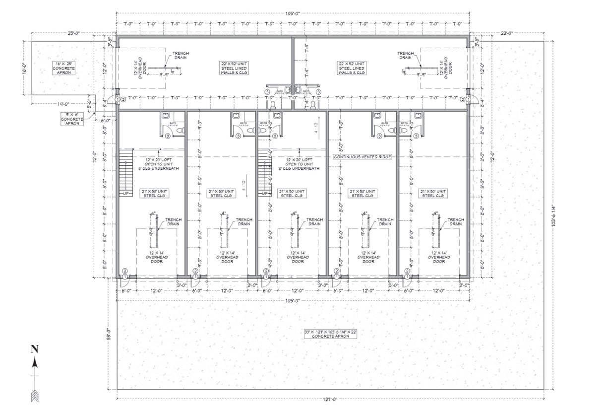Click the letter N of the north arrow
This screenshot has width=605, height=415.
click(34, 349)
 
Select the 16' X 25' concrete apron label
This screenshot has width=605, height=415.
click(64, 69)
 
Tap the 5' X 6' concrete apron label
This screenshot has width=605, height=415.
click(71, 119)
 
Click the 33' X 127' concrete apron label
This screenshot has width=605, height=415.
click(331, 334)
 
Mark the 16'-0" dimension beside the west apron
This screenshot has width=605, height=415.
click(23, 68)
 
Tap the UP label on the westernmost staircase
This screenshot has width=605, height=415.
click(126, 194)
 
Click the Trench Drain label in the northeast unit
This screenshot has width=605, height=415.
click(405, 55)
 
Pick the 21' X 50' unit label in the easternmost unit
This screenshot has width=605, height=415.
click(432, 193)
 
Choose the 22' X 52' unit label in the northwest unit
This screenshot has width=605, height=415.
click(235, 68)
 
